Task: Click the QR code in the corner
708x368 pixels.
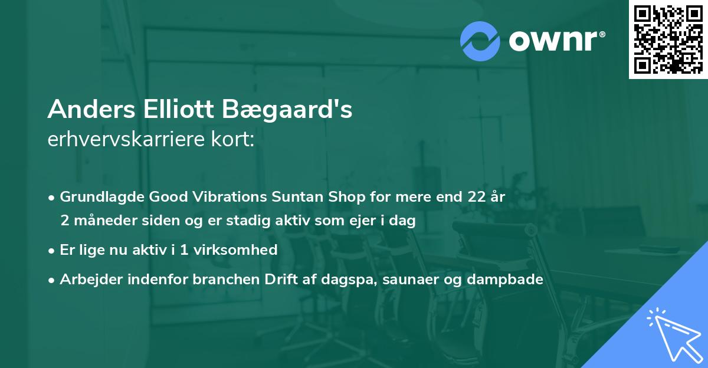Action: coord(668,40)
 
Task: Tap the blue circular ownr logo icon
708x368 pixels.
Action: coord(480,41)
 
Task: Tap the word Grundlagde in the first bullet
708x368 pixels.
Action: coord(97,197)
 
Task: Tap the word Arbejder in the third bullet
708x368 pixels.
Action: coord(86,280)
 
